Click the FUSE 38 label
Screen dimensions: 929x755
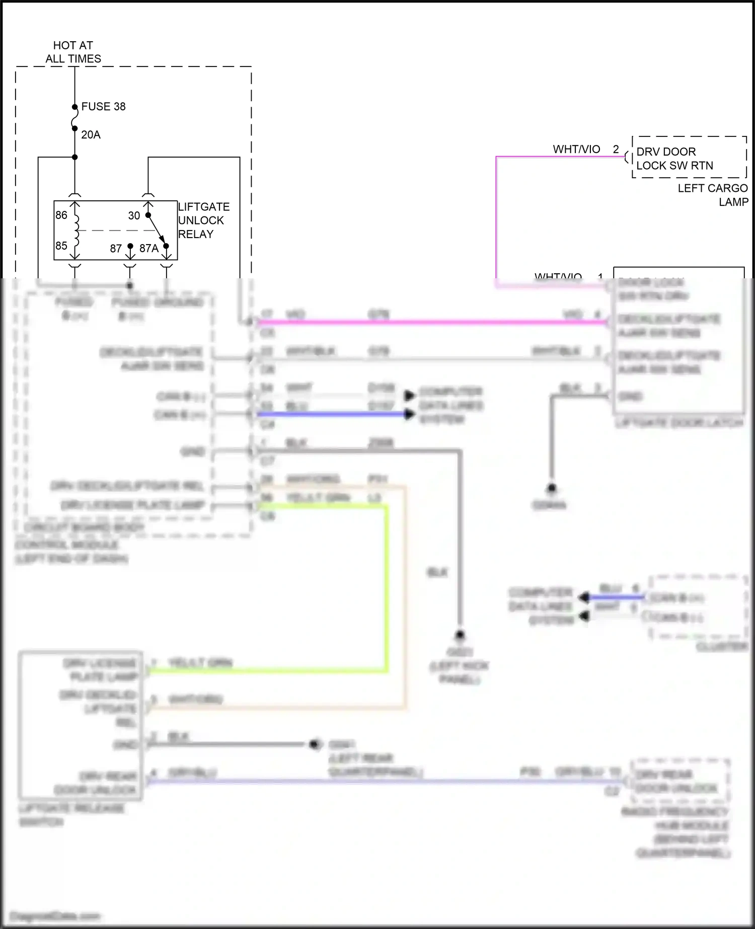[x=103, y=107]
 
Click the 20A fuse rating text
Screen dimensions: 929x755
[x=91, y=135]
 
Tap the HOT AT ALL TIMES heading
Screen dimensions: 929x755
[x=73, y=52]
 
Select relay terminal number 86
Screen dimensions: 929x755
[x=61, y=215]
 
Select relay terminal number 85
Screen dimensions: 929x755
[x=61, y=246]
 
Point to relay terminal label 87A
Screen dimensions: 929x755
[x=148, y=249]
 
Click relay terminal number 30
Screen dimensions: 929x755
[x=134, y=216]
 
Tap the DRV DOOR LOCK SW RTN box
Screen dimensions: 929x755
[x=689, y=158]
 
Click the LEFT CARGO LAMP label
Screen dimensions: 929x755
[x=712, y=195]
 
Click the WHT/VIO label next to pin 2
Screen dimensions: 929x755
[x=576, y=149]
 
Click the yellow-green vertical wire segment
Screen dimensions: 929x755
[x=387, y=589]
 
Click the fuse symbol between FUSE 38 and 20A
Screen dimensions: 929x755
[x=75, y=121]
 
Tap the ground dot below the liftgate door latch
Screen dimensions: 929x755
[x=552, y=488]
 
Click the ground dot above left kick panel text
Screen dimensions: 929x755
[x=460, y=635]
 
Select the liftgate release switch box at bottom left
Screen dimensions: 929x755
[x=81, y=725]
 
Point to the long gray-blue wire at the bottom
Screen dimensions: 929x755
[x=383, y=782]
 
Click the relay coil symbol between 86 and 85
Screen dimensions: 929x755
[x=76, y=231]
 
